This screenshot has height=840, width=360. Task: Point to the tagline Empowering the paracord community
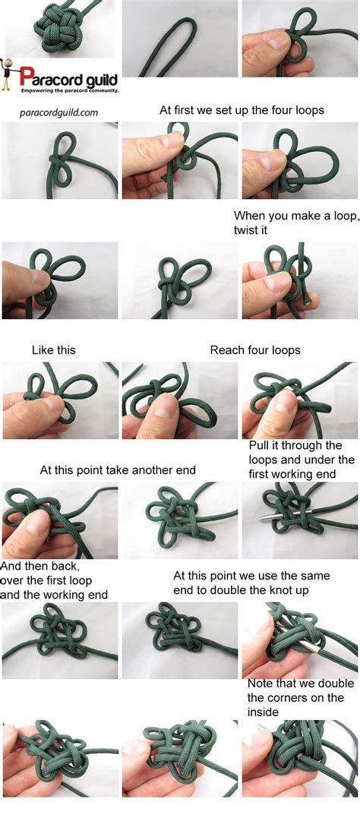tap(69, 90)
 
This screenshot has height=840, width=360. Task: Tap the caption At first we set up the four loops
tap(242, 110)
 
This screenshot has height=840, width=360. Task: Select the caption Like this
tap(53, 350)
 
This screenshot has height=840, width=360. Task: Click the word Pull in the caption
tap(260, 445)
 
